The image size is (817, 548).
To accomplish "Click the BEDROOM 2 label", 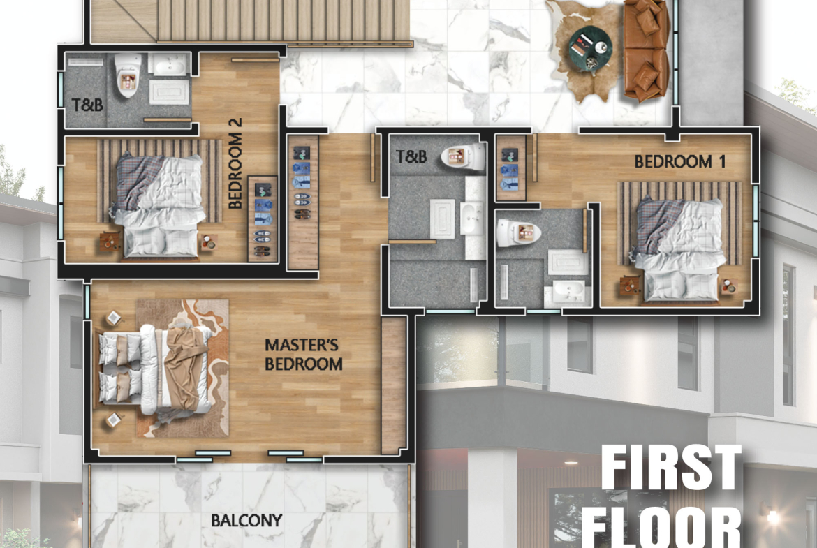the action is [x=235, y=163].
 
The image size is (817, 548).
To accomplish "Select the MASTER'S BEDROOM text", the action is [x=303, y=354].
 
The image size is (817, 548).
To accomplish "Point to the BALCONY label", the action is [x=246, y=520].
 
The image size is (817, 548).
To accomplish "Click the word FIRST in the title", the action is [x=672, y=468].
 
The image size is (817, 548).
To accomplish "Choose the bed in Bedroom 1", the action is [x=679, y=249].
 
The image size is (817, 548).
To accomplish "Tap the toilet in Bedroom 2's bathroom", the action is [x=128, y=75].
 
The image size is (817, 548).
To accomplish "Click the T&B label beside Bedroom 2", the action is [x=87, y=105].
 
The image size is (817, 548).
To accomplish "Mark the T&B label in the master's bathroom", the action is [x=411, y=156].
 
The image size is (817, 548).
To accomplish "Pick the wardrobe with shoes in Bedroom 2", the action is [x=263, y=219].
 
